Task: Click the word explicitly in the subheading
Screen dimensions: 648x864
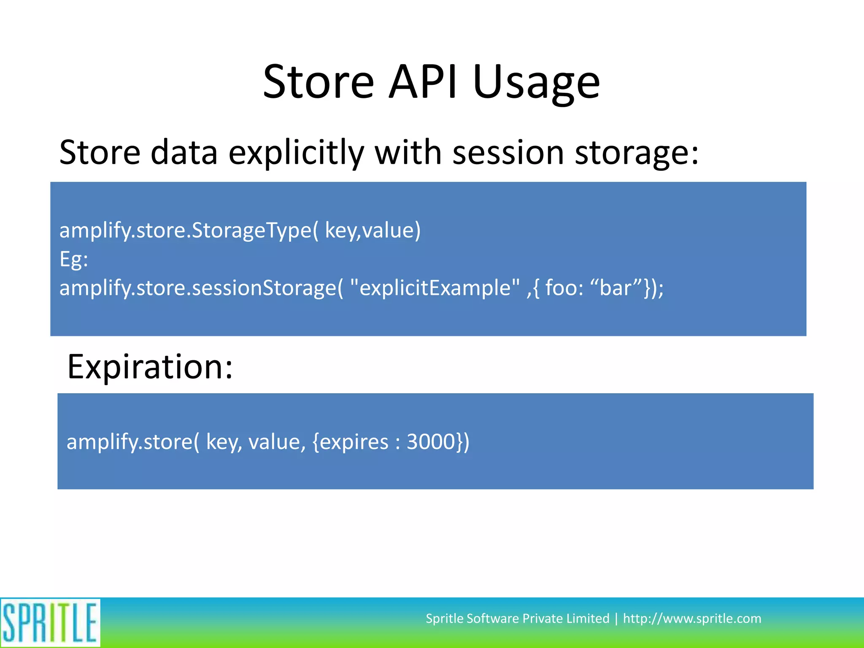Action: coord(296,153)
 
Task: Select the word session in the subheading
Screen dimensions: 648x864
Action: coord(508,153)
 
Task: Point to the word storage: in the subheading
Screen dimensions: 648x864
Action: coord(637,153)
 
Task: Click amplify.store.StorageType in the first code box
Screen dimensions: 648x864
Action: coord(185,231)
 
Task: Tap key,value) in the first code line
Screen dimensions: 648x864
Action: coord(373,231)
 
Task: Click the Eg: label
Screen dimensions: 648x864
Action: coord(74,259)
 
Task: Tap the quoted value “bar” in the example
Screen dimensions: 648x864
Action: coord(616,288)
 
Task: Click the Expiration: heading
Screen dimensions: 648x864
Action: coord(150,367)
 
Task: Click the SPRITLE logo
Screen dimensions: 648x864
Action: coord(50,623)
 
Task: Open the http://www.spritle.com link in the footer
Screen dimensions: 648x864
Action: coord(692,618)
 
